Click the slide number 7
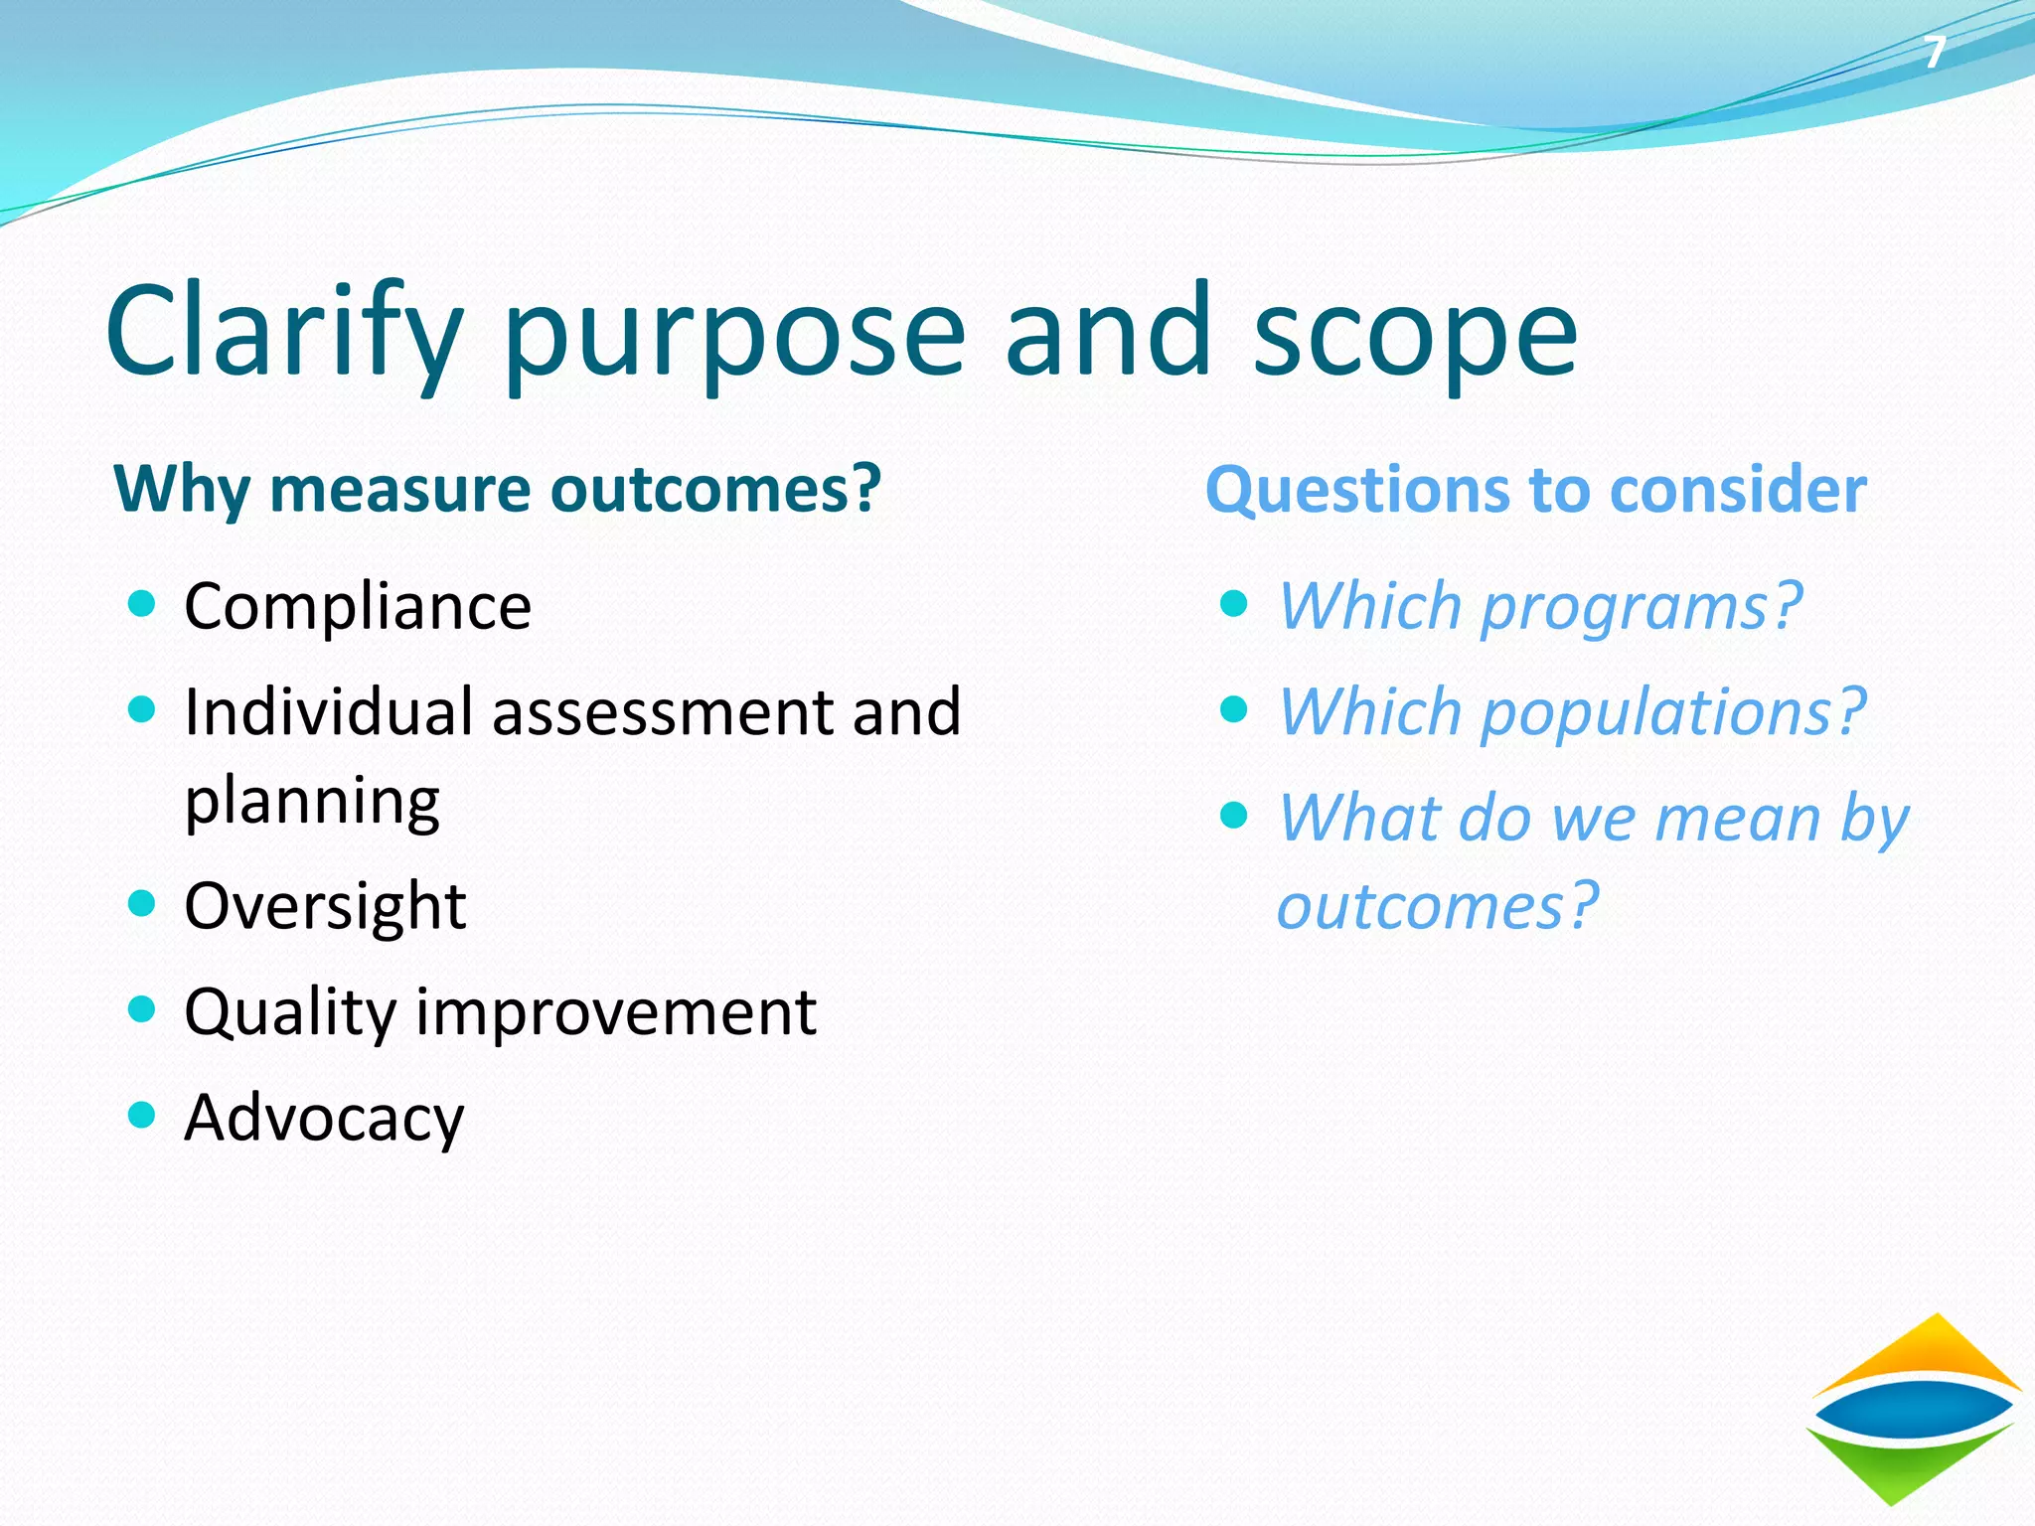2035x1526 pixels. (x=1934, y=53)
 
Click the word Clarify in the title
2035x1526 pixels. (x=284, y=333)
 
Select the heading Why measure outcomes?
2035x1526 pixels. (x=497, y=490)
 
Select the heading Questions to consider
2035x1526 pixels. (x=1535, y=490)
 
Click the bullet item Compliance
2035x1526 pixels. (x=358, y=606)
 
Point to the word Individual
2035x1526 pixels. (x=328, y=711)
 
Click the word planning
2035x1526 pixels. (x=312, y=801)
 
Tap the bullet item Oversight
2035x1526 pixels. (x=325, y=906)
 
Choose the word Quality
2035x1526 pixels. (x=290, y=1012)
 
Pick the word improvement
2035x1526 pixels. (x=616, y=1012)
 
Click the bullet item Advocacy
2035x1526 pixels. (x=324, y=1118)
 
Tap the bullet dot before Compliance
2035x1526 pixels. (x=142, y=603)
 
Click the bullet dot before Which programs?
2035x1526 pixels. (x=1233, y=603)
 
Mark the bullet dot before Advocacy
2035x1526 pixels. (x=142, y=1114)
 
